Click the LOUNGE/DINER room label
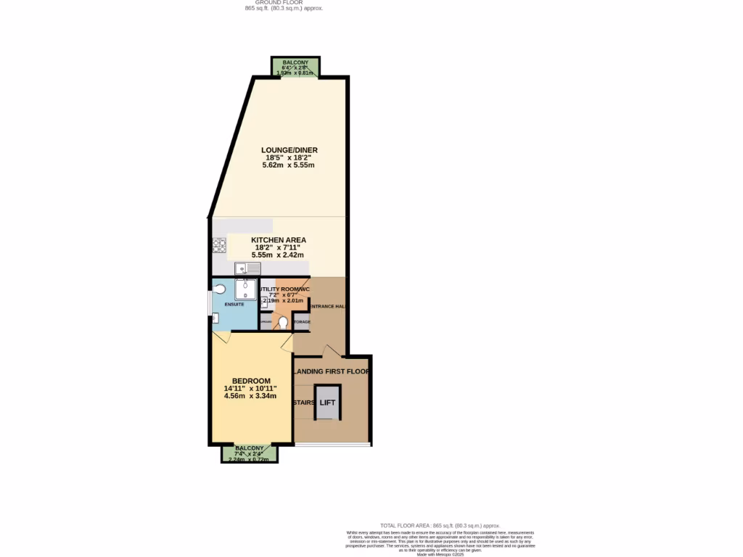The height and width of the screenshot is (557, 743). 290,150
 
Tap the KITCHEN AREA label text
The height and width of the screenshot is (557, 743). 279,240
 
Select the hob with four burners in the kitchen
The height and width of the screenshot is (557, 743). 219,245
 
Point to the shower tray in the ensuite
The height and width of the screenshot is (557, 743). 246,289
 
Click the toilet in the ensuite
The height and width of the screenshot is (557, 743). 220,289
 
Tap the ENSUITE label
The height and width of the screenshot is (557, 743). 234,304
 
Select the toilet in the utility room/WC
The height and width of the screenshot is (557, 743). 283,321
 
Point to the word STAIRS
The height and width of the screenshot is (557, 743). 303,402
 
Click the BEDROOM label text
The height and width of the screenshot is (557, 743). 251,381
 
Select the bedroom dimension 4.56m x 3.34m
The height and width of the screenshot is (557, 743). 251,397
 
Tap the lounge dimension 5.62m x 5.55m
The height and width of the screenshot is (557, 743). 290,165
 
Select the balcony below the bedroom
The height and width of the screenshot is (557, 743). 249,454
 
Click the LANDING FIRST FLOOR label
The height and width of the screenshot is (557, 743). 332,371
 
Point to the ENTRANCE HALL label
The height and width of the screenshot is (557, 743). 327,307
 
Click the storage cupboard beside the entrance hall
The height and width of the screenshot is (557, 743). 302,321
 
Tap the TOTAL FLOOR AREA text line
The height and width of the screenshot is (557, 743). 440,525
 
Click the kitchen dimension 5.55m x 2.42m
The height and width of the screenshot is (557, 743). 279,255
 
